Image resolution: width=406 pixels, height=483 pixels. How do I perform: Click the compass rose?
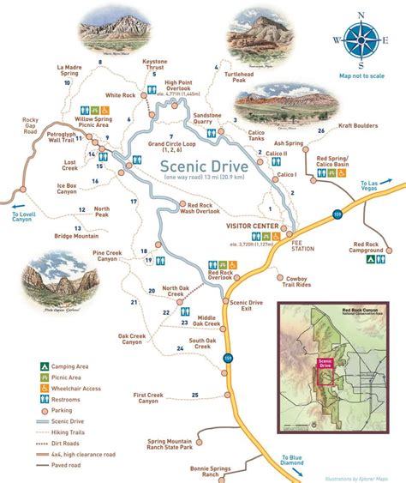(359, 40)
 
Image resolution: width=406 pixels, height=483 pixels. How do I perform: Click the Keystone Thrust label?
(155, 64)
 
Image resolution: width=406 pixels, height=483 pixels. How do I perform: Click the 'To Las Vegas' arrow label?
(374, 188)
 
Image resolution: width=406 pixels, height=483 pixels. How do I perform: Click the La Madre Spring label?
(73, 71)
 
